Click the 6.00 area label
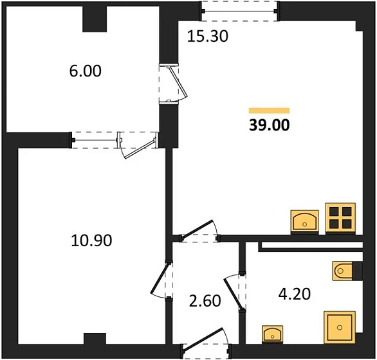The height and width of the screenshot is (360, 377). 85,71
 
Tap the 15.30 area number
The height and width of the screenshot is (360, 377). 208,37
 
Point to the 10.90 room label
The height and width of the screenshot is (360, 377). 91,241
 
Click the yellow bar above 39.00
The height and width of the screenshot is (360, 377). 269,111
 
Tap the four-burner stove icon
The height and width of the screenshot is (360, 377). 340,217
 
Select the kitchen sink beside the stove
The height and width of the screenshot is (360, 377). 306,221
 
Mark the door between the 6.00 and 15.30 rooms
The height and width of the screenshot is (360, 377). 170,84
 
